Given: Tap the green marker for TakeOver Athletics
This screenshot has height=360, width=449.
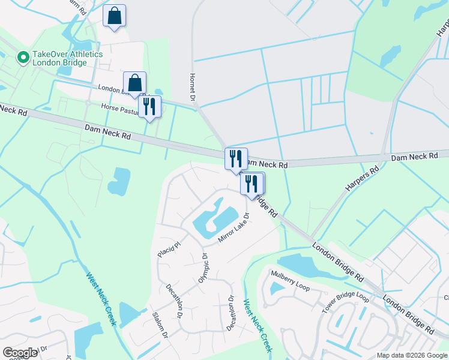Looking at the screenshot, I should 23,58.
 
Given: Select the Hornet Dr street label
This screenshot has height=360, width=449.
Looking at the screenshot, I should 193,88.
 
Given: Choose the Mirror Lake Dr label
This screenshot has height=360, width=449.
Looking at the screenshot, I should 233,229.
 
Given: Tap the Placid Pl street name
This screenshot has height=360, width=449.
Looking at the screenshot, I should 169,247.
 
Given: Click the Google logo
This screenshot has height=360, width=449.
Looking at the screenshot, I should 20,353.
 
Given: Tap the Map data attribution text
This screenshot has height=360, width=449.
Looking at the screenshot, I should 412,355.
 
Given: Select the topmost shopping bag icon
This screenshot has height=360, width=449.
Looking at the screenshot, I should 114,16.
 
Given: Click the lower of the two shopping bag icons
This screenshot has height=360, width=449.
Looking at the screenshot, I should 135,82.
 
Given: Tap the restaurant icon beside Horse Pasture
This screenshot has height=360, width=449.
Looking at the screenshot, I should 149,107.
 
